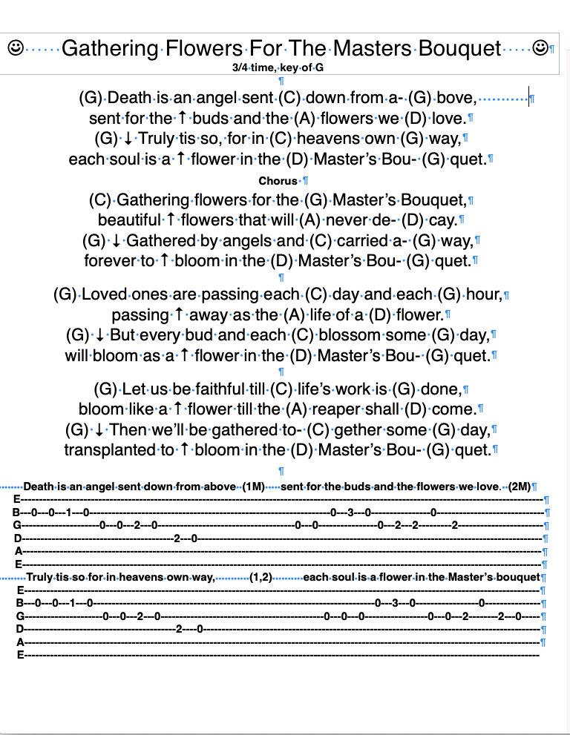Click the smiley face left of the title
(15, 48)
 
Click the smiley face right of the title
(540, 48)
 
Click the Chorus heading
(278, 180)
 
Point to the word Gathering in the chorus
(153, 200)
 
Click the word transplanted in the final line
(108, 449)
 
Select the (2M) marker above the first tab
(520, 487)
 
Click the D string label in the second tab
(20, 629)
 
